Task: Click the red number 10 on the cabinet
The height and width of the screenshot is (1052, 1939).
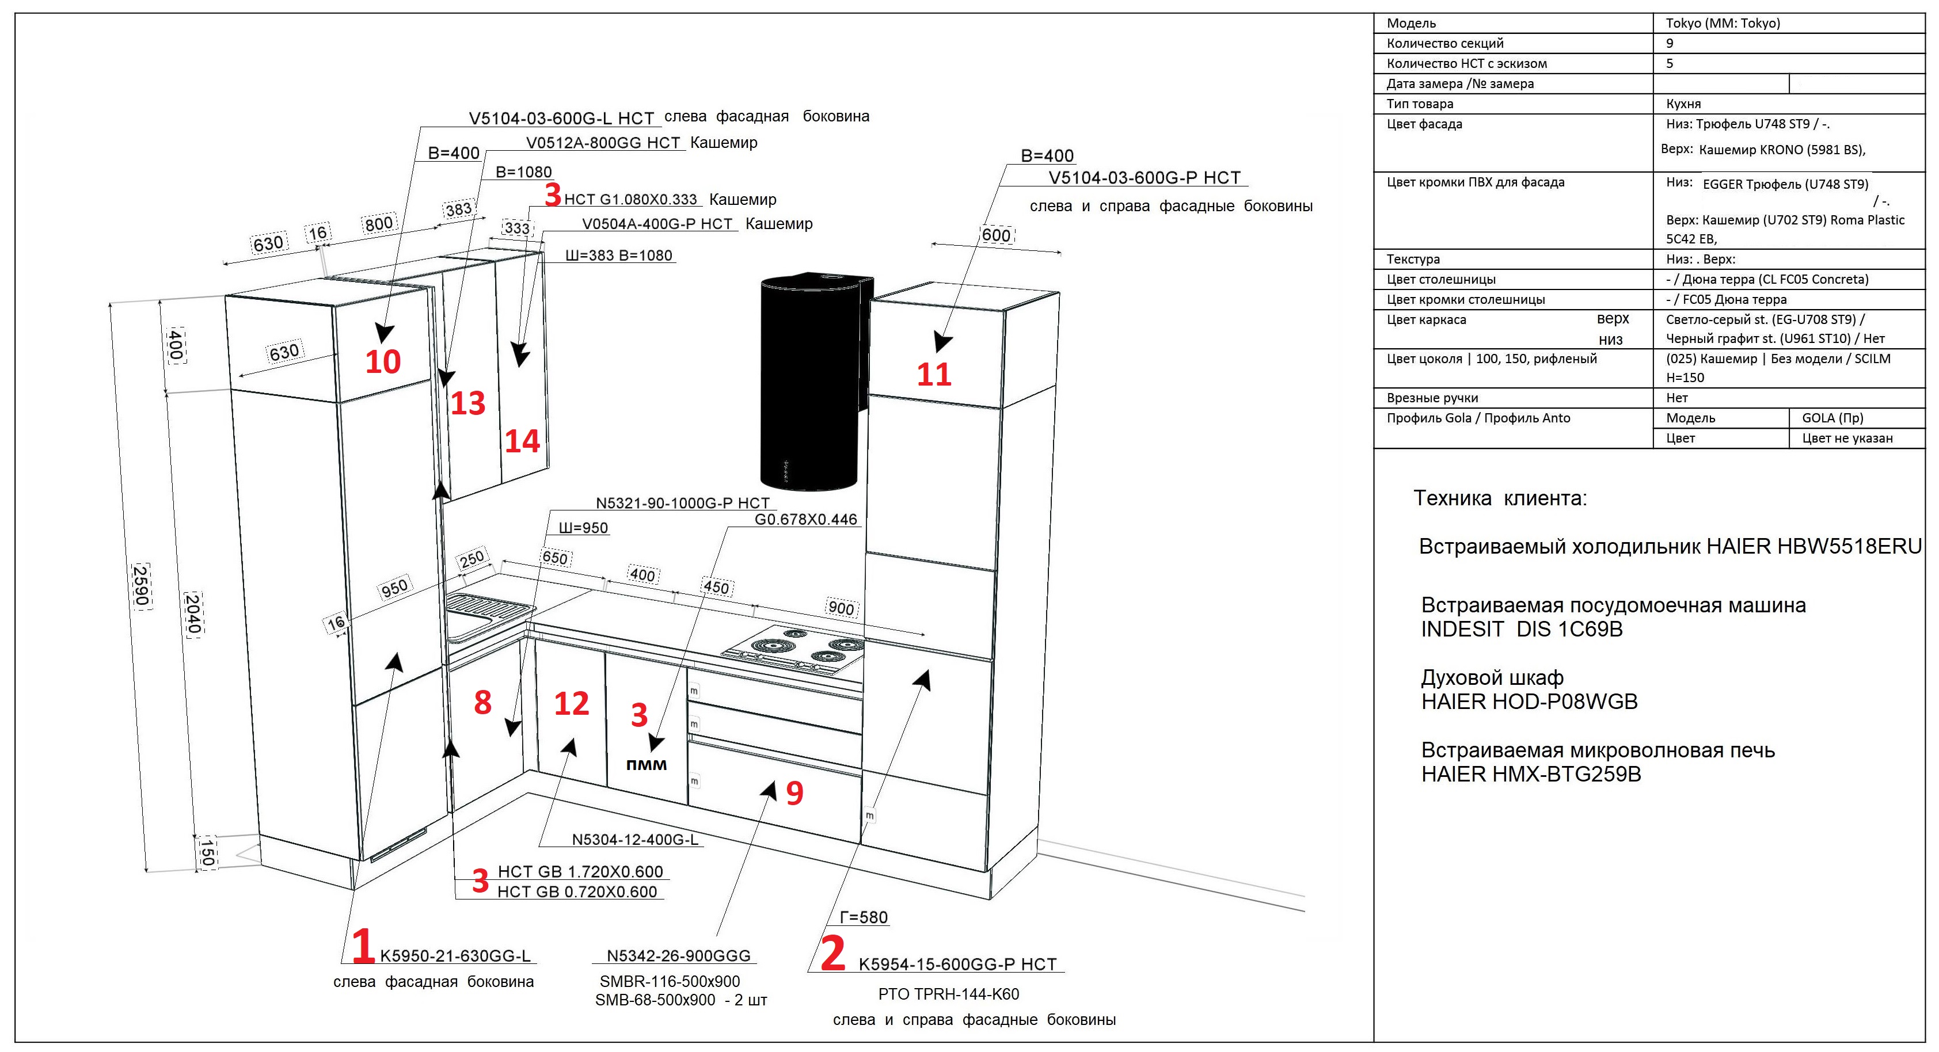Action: pyautogui.click(x=382, y=362)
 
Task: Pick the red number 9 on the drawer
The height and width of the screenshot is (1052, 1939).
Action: pyautogui.click(x=794, y=793)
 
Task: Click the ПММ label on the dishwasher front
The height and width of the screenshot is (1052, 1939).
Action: pyautogui.click(x=647, y=765)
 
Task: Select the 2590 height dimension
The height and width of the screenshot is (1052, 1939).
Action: pyautogui.click(x=140, y=585)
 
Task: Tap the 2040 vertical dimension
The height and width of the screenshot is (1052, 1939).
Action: pyautogui.click(x=193, y=615)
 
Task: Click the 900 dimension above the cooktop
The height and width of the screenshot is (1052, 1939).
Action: pyautogui.click(x=840, y=608)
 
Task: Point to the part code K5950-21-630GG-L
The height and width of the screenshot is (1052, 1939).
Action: pyautogui.click(x=455, y=956)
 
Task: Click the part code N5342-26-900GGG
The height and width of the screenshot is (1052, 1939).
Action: pyautogui.click(x=678, y=956)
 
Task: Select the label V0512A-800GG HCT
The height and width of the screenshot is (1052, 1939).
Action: pyautogui.click(x=602, y=143)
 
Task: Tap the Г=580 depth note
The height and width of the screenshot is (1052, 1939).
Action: pyautogui.click(x=864, y=917)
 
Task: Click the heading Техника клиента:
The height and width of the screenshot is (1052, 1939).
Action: pyautogui.click(x=1499, y=498)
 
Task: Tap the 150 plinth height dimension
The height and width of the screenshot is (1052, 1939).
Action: pyautogui.click(x=206, y=852)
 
